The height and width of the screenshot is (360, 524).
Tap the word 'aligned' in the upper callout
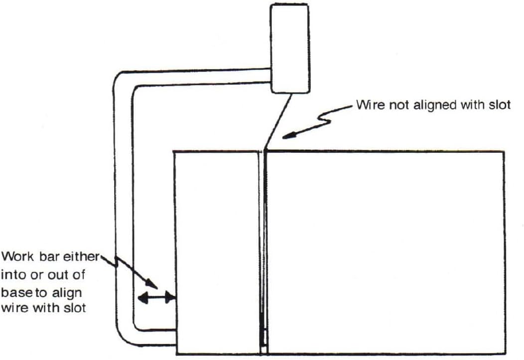point(426,106)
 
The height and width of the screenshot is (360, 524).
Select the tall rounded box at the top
point(289,48)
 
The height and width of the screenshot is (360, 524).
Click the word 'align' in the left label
point(68,291)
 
